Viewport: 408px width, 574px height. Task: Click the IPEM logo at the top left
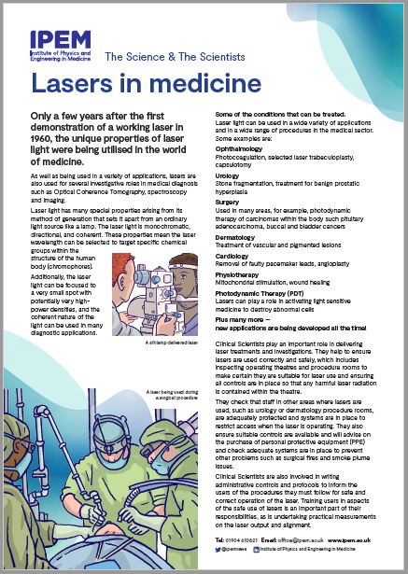coord(59,48)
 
